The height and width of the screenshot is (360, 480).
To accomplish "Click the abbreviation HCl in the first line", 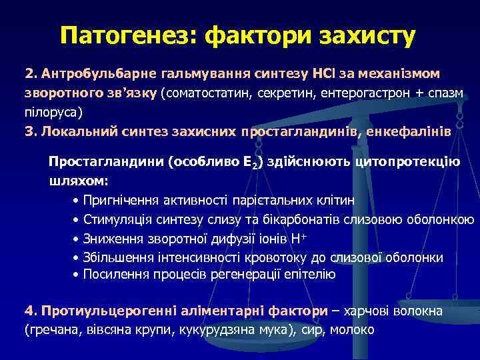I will [330, 72].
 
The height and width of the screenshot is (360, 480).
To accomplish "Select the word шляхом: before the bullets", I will [79, 181].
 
